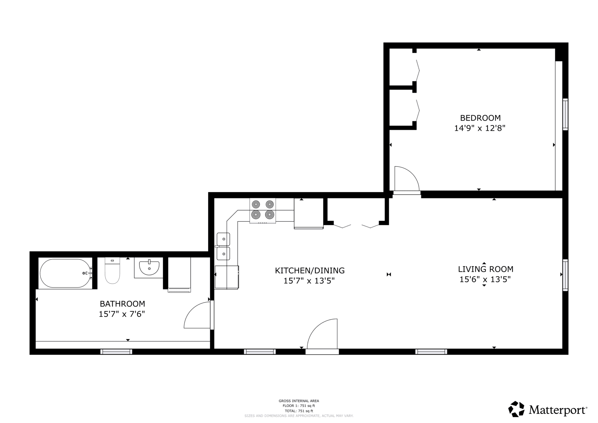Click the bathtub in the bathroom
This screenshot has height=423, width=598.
[65, 273]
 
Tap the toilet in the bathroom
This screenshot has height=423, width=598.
[112, 270]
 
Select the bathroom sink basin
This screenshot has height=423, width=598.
[149, 268]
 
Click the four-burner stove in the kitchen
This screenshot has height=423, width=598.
[263, 211]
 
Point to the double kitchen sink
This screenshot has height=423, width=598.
[223, 246]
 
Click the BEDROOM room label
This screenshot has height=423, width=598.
[480, 118]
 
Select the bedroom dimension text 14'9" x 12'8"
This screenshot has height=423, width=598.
[480, 128]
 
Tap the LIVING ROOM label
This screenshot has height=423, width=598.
[486, 269]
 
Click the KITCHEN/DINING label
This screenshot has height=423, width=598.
[310, 270]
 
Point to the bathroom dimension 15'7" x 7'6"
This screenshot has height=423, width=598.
[122, 314]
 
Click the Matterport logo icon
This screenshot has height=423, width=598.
[516, 409]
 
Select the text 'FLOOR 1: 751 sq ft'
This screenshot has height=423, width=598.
[299, 406]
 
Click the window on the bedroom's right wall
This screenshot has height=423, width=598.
[565, 114]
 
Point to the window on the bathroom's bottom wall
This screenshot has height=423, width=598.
[116, 352]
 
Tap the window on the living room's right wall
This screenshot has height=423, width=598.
[565, 275]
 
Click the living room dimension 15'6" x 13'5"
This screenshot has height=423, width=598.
[485, 279]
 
